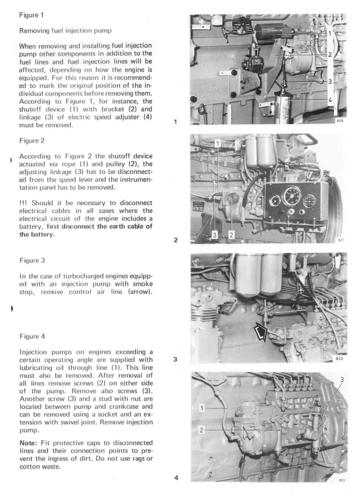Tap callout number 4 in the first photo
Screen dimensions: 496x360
[330, 101]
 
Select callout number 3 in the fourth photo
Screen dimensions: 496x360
[343, 380]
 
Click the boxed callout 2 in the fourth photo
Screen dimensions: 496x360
[202, 430]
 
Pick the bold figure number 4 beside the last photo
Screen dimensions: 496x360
[176, 478]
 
